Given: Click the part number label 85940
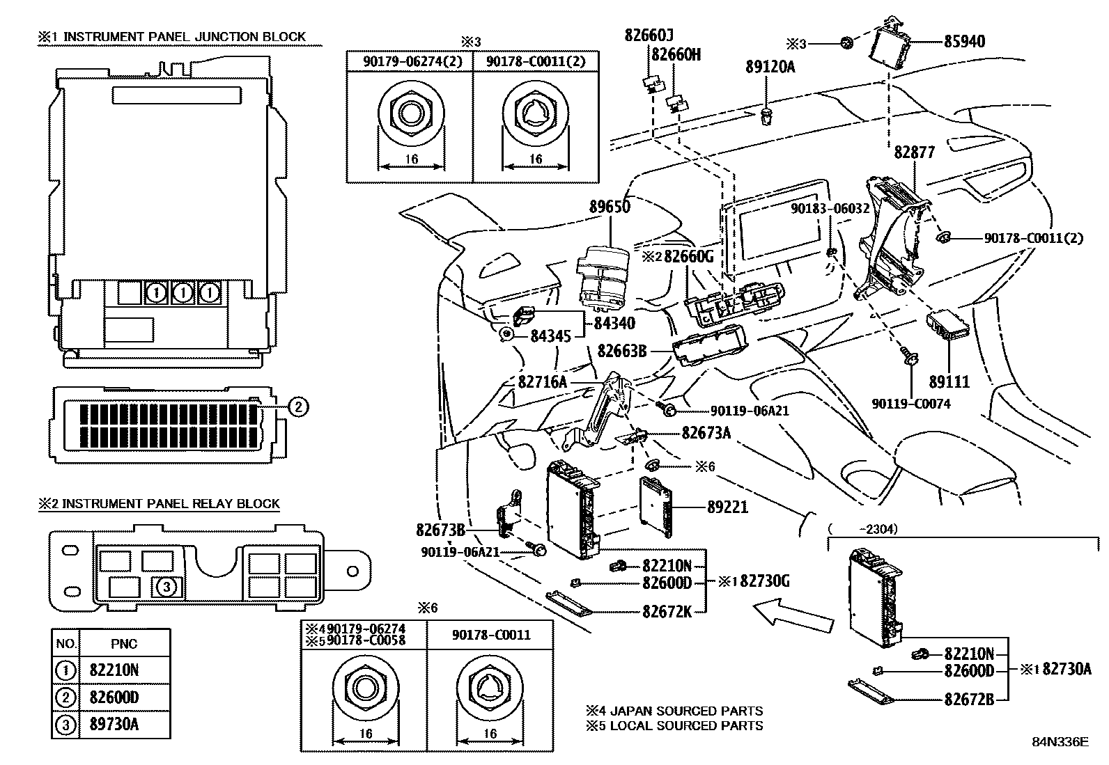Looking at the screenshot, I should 964,42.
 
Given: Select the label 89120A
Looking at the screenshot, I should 770,67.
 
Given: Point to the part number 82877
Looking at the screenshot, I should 914,152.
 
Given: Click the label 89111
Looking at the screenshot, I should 949,382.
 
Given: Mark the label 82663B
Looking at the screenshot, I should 622,352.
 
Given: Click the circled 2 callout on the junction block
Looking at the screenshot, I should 297,407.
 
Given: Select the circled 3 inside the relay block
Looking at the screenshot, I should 166,587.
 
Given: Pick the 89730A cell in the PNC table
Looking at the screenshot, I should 114,725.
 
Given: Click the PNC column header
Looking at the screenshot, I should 124,644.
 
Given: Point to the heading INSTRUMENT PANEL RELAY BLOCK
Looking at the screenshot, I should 171,503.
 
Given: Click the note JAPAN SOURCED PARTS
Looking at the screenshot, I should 681,711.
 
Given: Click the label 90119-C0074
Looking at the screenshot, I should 910,404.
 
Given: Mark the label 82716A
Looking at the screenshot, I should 542,382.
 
